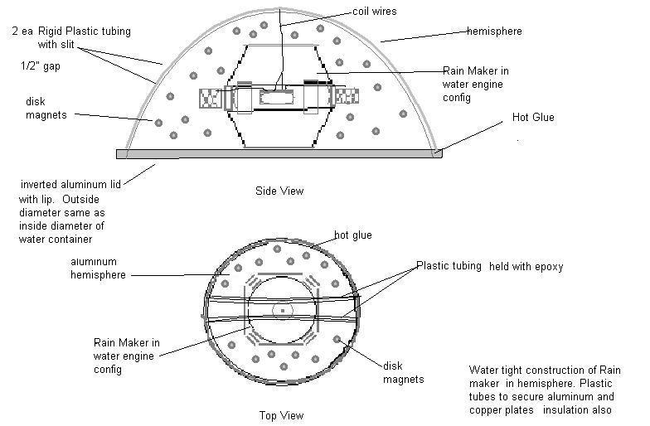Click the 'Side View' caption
(279, 191)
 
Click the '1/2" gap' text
(39, 64)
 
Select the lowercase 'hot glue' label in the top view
(352, 235)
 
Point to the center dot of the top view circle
(283, 311)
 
